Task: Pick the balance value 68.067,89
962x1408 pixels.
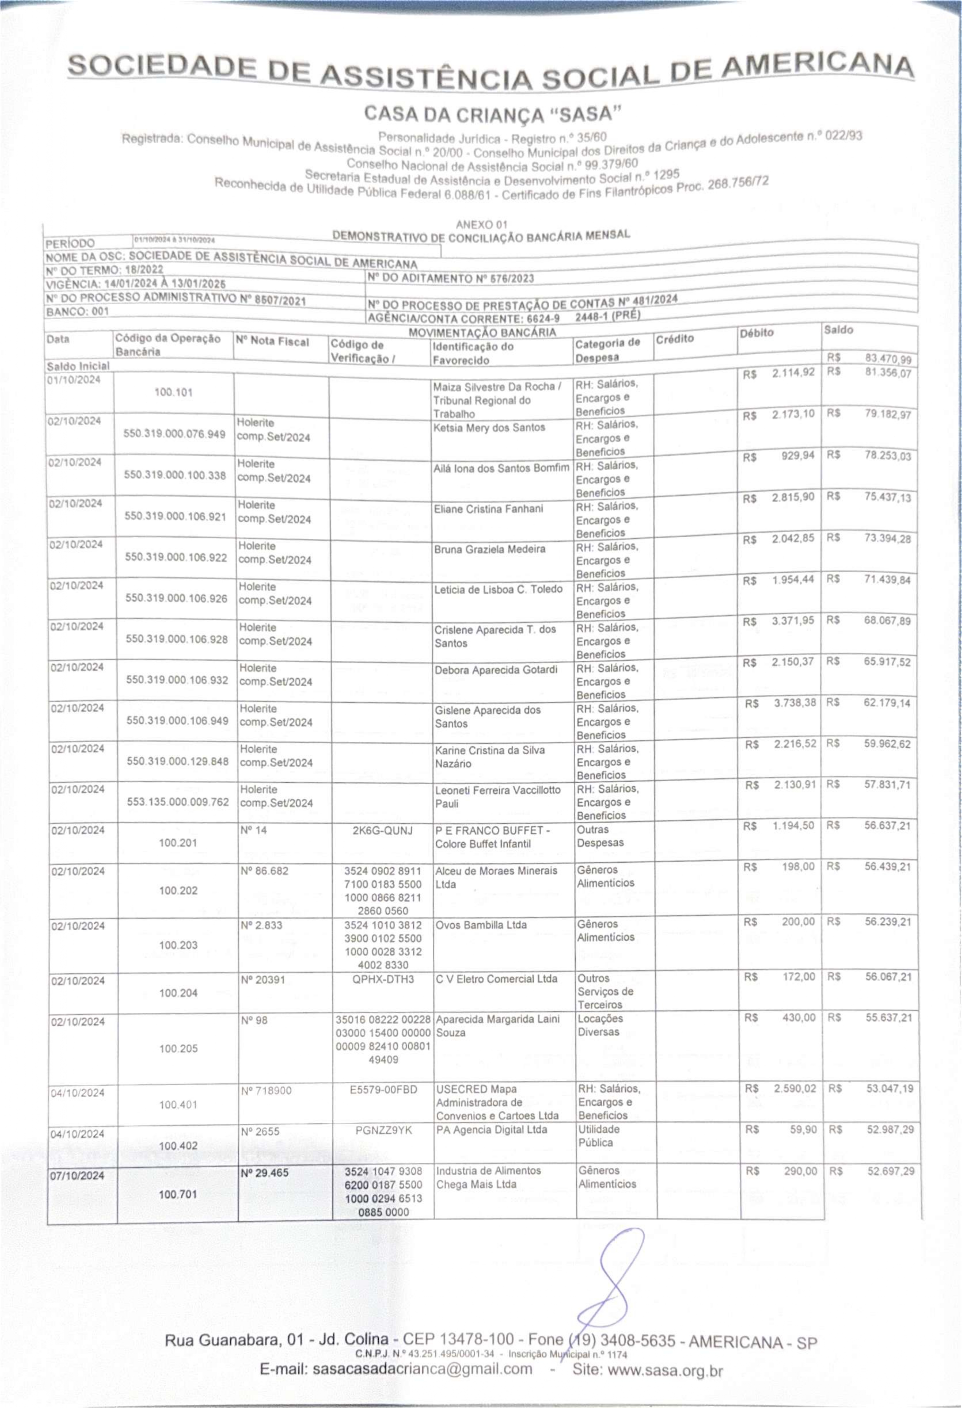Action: [887, 621]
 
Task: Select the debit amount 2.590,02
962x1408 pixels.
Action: [795, 1089]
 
